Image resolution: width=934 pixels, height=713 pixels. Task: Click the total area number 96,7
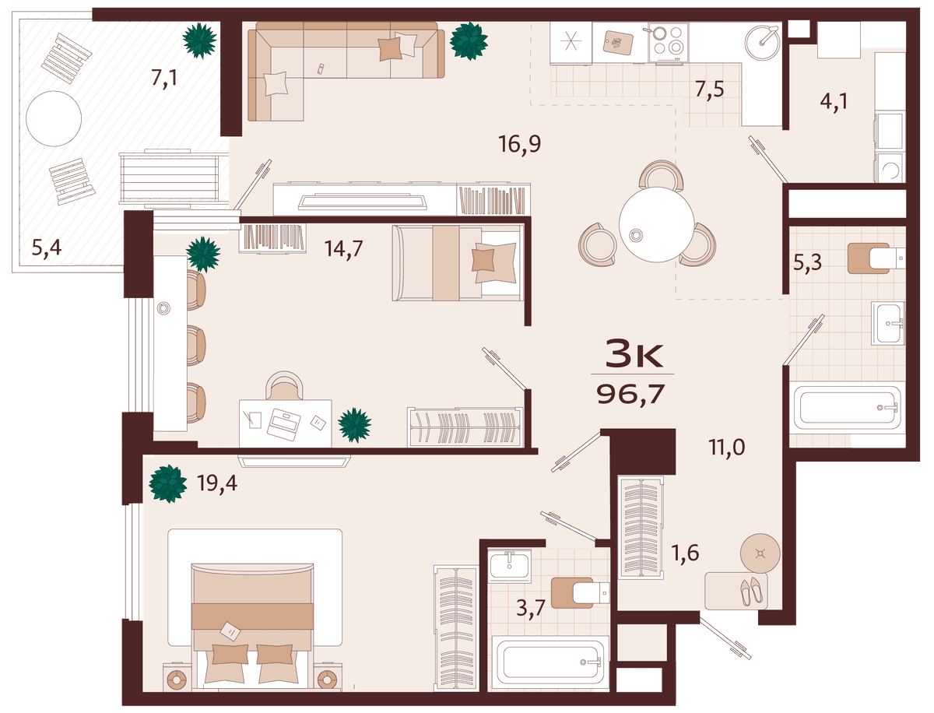point(630,395)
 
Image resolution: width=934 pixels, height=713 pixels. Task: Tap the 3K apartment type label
point(634,353)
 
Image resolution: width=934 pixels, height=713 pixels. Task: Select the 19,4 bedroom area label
point(217,483)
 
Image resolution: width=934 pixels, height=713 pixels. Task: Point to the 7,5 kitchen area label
point(710,90)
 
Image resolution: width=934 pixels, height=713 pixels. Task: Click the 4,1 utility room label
point(834,102)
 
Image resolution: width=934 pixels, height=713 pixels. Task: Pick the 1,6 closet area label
point(685,553)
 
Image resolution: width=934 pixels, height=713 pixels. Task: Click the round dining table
point(657,224)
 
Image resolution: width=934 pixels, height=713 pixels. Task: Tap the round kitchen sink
point(763,42)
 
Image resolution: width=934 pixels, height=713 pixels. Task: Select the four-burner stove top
point(668,42)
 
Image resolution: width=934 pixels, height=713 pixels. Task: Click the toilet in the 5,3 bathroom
point(876,258)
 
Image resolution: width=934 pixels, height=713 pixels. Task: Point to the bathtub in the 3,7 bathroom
point(550,662)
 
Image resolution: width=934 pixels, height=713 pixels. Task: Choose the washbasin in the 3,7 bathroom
point(509,565)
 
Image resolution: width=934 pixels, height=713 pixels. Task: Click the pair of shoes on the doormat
point(751,591)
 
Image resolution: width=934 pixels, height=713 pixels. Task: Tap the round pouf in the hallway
point(760,553)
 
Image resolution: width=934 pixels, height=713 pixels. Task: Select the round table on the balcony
point(54,118)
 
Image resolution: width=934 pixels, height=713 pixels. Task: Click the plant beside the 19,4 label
point(167,483)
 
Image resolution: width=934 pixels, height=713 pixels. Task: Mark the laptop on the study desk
point(283,424)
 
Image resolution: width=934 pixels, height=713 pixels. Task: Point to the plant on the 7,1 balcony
point(199,40)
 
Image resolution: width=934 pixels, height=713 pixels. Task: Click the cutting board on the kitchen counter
point(618,42)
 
